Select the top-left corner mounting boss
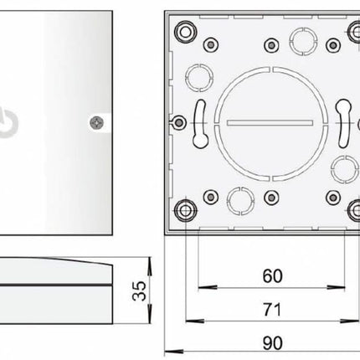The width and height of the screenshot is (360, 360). (x=183, y=26)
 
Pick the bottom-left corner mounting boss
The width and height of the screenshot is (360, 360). (x=183, y=207)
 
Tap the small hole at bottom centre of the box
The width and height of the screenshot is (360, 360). (x=270, y=198)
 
